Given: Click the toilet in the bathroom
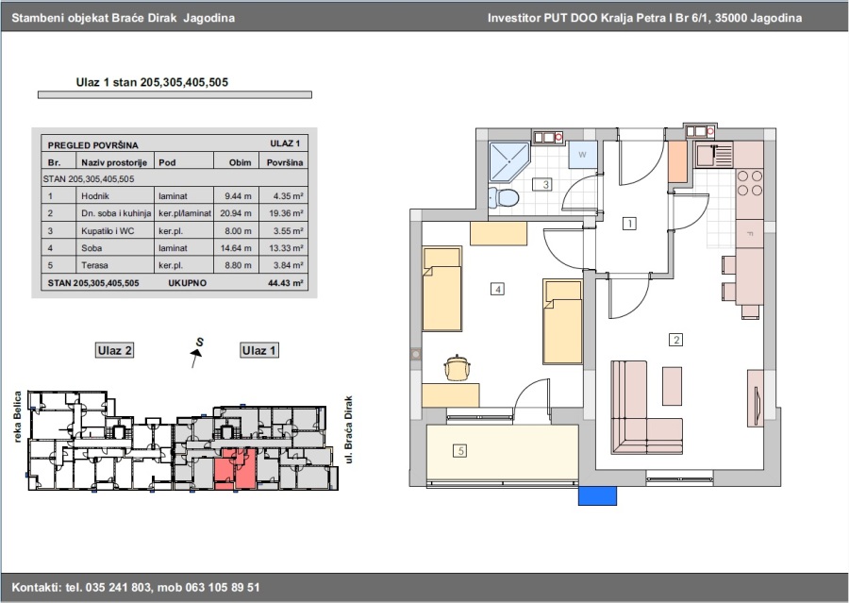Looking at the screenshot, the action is tap(503, 197).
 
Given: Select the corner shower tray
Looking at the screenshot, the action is tap(509, 161).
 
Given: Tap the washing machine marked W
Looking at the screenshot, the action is tap(583, 155).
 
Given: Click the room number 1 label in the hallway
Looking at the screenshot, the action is tap(629, 224).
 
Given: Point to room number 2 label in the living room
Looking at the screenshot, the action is tap(675, 340).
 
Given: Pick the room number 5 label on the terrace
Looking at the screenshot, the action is tap(459, 450).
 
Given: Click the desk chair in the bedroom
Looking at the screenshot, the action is tap(458, 368).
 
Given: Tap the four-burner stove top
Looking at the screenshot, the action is tap(750, 182).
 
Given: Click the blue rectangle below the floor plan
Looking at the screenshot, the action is tap(597, 495).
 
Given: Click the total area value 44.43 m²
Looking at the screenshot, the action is tap(285, 283).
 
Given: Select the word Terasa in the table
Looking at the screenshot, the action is tap(94, 265).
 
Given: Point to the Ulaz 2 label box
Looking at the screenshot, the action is tap(114, 350).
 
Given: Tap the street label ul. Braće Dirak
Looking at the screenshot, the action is tap(348, 429).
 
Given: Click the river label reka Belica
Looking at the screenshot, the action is tap(17, 417).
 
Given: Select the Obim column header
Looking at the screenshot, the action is tap(240, 162).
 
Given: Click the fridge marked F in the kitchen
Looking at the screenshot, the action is tap(750, 233).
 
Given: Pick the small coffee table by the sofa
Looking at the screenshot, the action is tap(672, 386).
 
